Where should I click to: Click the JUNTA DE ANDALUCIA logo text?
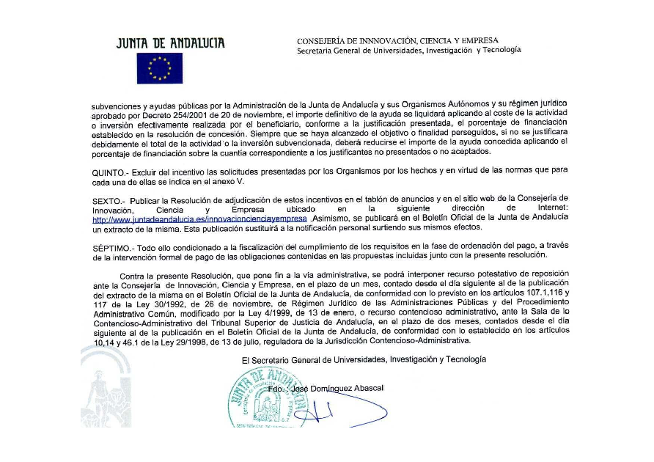[170, 43]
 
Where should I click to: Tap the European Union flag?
[159, 68]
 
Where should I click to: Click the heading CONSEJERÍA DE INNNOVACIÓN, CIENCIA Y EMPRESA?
[397, 40]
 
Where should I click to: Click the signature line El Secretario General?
[363, 359]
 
